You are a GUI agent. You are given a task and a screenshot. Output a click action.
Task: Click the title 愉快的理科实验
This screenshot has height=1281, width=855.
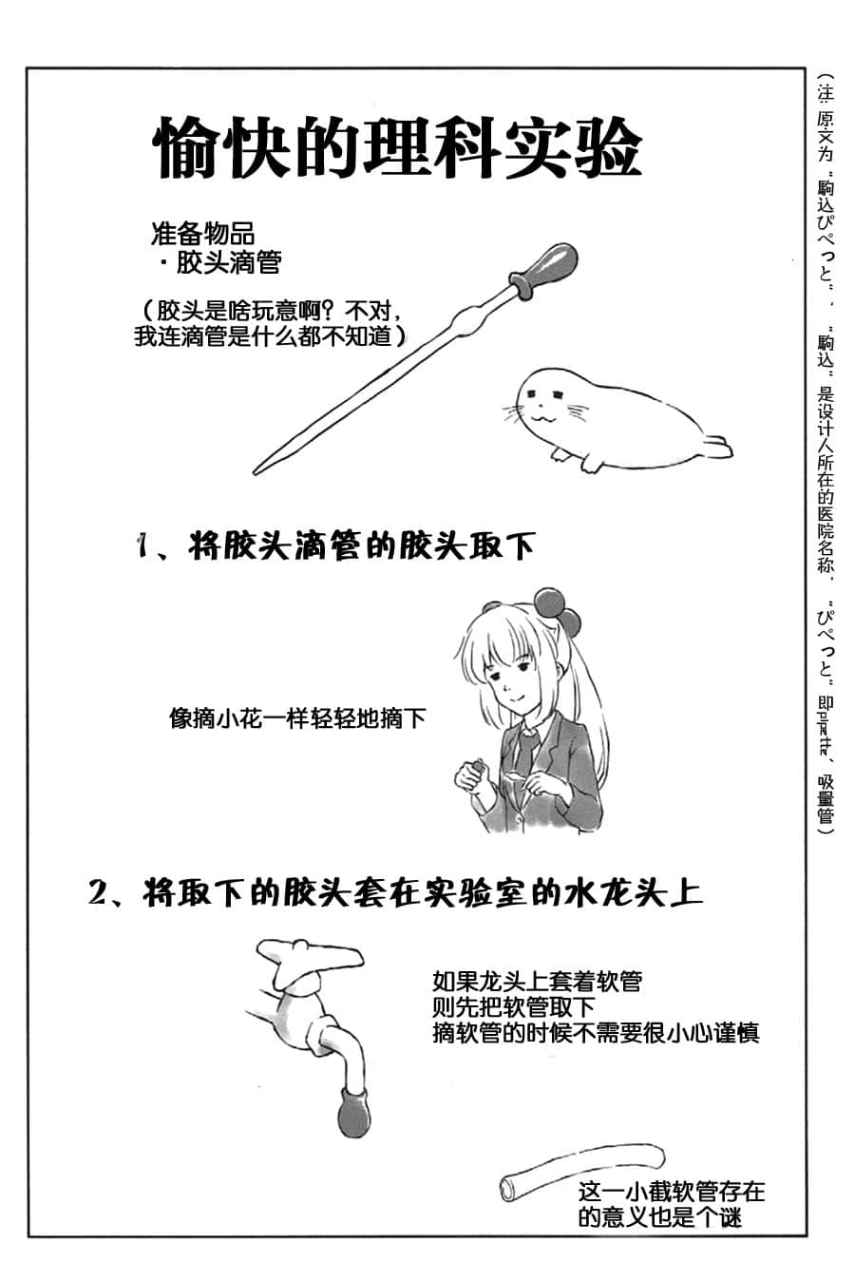[398, 148]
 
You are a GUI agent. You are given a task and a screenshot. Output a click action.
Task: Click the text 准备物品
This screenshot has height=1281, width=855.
[201, 233]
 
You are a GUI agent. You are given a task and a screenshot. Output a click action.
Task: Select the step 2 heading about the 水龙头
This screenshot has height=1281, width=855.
[395, 894]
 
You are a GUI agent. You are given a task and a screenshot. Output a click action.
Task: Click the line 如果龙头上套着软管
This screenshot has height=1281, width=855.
[537, 980]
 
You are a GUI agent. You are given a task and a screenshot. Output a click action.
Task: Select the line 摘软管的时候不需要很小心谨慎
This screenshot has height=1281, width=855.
[595, 1033]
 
